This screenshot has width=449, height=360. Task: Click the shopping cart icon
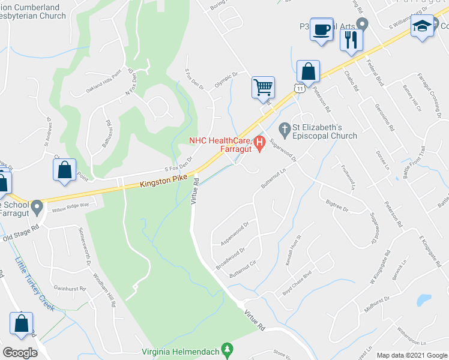(263, 87)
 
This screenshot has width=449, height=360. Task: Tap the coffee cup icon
(322, 29)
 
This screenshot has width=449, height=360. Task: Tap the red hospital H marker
(259, 143)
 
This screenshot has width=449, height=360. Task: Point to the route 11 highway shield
(299, 88)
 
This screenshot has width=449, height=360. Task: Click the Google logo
(20, 353)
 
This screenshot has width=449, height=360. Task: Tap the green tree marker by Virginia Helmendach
(226, 348)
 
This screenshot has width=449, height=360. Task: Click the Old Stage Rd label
(20, 235)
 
